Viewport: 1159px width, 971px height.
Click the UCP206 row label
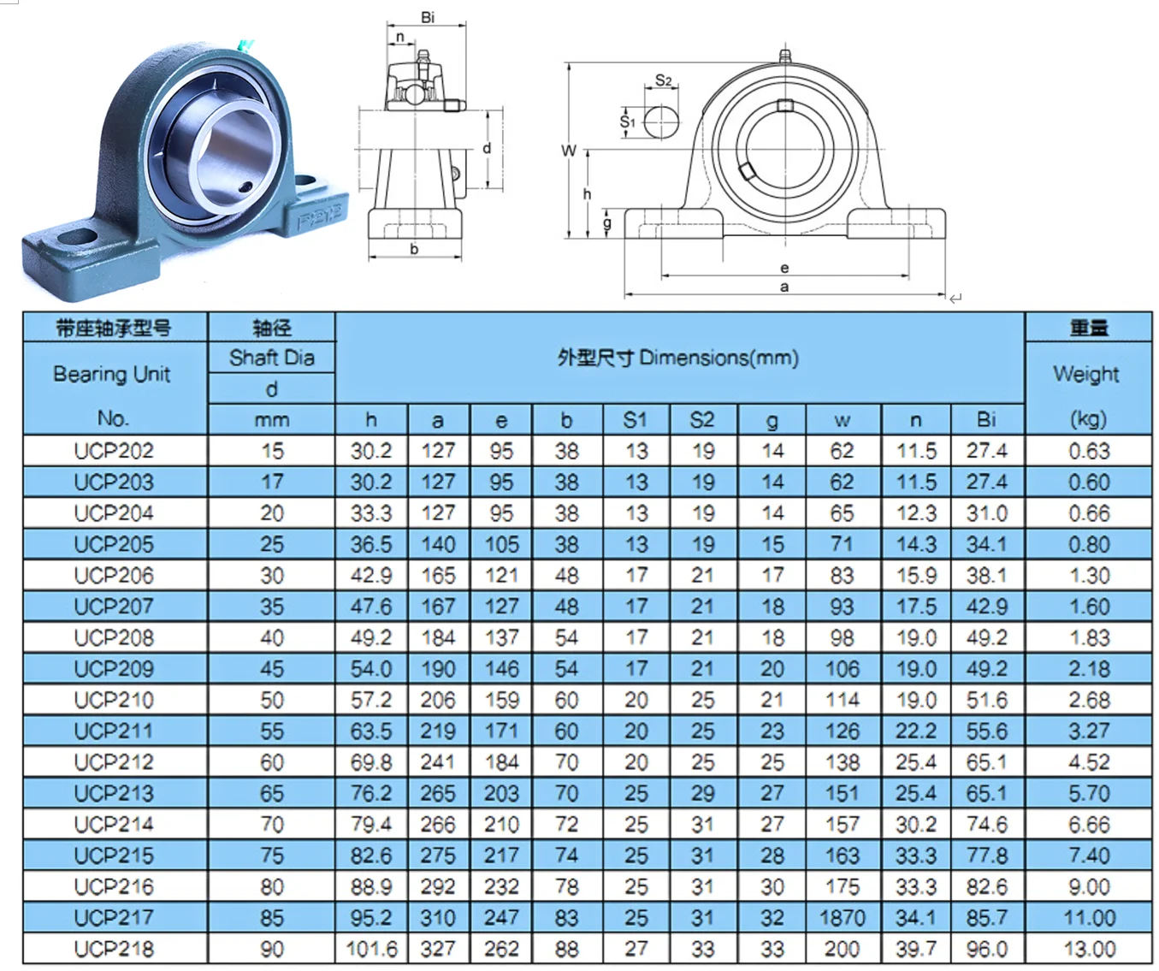pyautogui.click(x=114, y=576)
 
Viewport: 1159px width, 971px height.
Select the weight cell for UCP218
pyautogui.click(x=1089, y=949)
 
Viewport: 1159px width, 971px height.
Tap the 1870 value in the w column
pyautogui.click(x=842, y=918)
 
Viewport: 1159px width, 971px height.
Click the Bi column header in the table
pyautogui.click(x=986, y=419)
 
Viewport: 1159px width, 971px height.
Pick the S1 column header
pyautogui.click(x=635, y=419)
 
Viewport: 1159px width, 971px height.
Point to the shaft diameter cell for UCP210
pyautogui.click(x=271, y=700)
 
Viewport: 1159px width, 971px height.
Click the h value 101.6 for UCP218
pyautogui.click(x=371, y=949)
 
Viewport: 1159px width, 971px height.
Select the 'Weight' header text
pyautogui.click(x=1086, y=374)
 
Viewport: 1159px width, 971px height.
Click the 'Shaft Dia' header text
pyautogui.click(x=271, y=358)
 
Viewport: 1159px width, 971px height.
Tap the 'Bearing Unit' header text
pyautogui.click(x=112, y=374)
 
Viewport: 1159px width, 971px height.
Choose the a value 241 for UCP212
pyautogui.click(x=437, y=762)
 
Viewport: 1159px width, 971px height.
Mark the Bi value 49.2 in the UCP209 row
pyautogui.click(x=986, y=669)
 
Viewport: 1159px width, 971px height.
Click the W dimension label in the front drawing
pyautogui.click(x=568, y=151)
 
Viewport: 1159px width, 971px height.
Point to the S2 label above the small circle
pyautogui.click(x=663, y=81)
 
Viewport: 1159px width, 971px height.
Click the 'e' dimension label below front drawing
pyautogui.click(x=784, y=268)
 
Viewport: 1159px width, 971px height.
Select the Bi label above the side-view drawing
pyautogui.click(x=428, y=17)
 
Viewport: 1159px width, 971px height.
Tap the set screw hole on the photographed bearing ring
pyautogui.click(x=246, y=187)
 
